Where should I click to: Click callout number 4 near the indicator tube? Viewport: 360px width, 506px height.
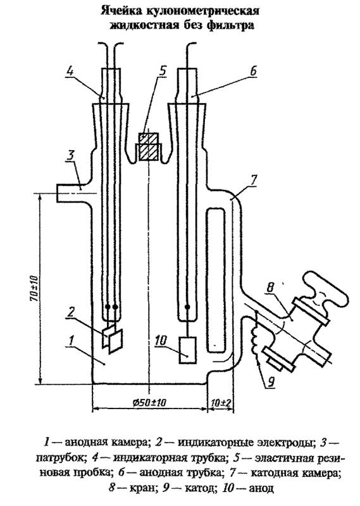pos(70,71)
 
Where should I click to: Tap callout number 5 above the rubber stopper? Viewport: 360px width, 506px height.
pos(163,71)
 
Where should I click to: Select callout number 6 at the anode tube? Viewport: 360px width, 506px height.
pos(253,71)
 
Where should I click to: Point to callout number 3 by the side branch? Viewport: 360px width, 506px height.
pos(70,155)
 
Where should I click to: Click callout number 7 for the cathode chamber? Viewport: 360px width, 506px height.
pos(254,180)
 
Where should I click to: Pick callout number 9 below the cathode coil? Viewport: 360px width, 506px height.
pos(271,382)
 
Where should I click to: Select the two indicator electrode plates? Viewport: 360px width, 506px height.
pos(112,340)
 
